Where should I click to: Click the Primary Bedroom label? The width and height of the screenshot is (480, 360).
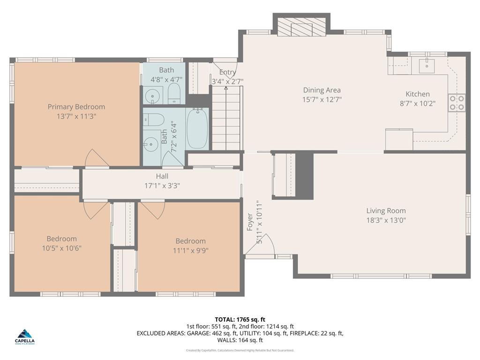(76, 107)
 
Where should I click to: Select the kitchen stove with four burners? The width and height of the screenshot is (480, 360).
(457, 103)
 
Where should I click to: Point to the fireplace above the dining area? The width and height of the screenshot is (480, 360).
(301, 28)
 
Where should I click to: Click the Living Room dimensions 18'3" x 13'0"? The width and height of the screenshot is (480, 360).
(386, 220)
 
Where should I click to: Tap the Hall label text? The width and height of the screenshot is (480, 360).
(162, 176)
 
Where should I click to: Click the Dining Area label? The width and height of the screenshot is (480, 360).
(322, 90)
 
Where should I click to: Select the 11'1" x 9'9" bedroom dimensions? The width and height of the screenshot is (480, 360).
(190, 250)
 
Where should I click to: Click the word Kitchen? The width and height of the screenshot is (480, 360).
(417, 94)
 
